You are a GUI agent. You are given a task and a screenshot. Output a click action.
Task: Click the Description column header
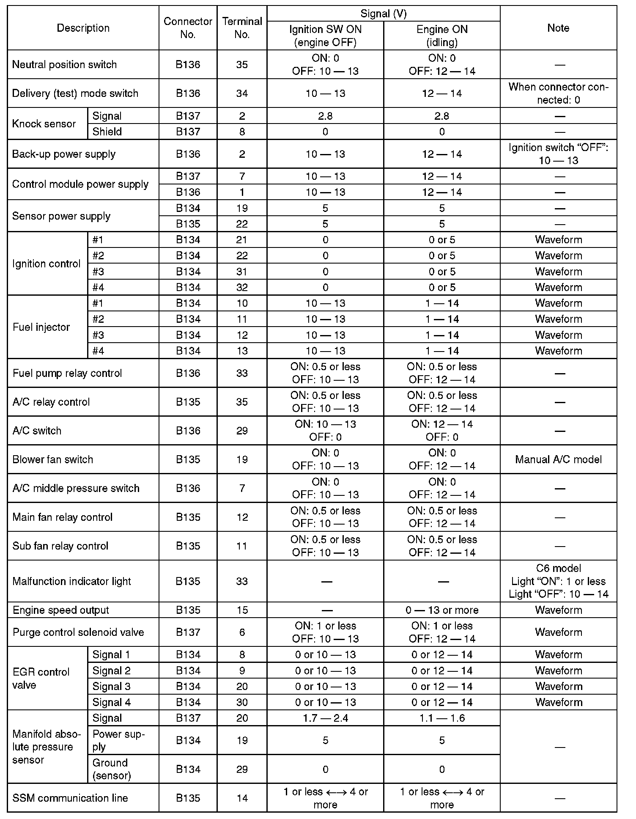point(83,28)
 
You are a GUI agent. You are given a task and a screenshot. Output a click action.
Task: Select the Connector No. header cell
point(188,28)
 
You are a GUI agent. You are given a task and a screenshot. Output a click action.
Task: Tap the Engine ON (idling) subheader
point(442,36)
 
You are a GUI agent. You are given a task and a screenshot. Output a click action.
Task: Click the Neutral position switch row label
point(64,65)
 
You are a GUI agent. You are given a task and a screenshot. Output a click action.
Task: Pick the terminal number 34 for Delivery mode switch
point(242,93)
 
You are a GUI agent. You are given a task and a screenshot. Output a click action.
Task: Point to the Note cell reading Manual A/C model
point(558,459)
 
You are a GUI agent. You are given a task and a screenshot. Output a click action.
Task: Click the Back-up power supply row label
point(64,154)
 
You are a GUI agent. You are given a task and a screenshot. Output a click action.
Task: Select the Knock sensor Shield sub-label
point(107,132)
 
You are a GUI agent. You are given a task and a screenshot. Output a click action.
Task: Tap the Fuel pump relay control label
point(67,373)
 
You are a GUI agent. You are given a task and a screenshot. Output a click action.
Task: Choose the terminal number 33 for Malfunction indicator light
point(242,581)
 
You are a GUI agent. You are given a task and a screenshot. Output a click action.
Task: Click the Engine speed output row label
point(61,610)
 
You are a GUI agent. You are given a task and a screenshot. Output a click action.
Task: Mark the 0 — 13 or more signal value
point(442,610)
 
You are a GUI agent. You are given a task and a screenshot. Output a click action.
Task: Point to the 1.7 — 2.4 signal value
point(325,718)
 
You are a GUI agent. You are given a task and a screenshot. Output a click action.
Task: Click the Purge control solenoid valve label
point(78,632)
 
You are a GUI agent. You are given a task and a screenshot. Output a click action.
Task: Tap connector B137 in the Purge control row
point(188,632)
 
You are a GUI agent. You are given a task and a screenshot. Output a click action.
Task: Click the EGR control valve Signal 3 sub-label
point(112,686)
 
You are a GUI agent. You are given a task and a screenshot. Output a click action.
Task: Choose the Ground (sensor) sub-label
point(112,769)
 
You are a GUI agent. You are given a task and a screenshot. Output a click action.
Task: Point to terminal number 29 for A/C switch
point(242,431)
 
